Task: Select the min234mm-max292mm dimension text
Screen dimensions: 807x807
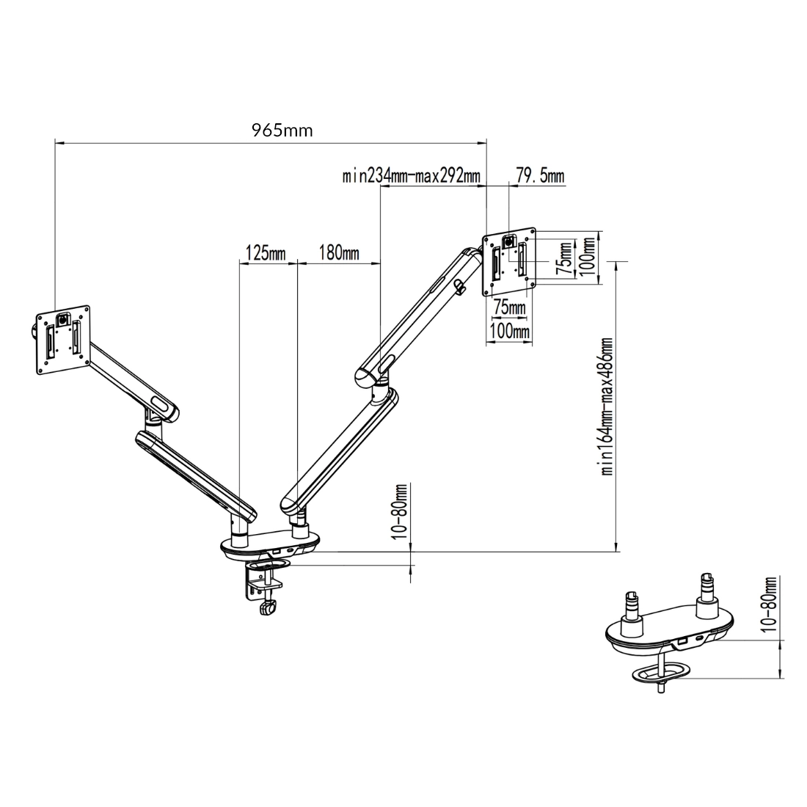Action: [412, 176]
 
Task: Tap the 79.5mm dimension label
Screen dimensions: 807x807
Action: [541, 176]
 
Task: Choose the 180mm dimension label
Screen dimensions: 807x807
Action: [339, 254]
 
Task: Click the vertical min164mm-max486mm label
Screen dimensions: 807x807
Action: [607, 407]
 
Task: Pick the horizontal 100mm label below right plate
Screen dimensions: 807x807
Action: [509, 332]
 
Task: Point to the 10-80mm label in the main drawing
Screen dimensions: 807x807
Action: [401, 512]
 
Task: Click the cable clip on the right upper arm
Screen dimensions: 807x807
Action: [460, 286]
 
